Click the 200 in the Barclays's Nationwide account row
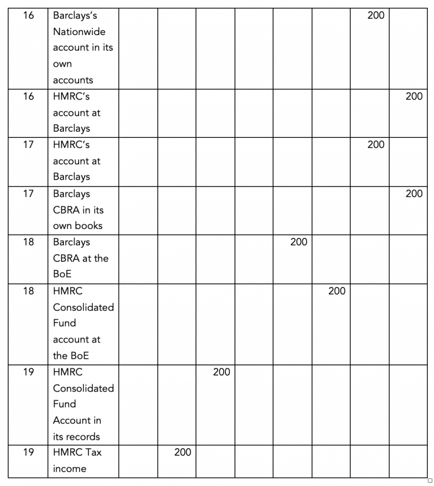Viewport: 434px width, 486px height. pyautogui.click(x=376, y=15)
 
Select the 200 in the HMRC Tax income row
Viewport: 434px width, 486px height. pyautogui.click(x=183, y=452)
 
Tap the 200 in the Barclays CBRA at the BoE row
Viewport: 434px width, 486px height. pyautogui.click(x=298, y=242)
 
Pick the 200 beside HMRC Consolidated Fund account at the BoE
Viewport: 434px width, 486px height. pyautogui.click(x=337, y=291)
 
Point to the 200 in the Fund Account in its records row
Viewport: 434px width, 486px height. pyautogui.click(x=222, y=372)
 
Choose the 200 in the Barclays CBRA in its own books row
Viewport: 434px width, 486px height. pyautogui.click(x=414, y=194)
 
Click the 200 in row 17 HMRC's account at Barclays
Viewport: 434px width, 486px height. pyautogui.click(x=376, y=145)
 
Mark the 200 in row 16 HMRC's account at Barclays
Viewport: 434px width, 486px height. pyautogui.click(x=414, y=96)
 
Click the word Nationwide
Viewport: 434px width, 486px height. pyautogui.click(x=79, y=32)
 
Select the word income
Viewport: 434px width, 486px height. pyautogui.click(x=70, y=468)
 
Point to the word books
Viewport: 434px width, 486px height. pyautogui.click(x=89, y=225)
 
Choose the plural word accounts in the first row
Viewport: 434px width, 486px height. pyautogui.click(x=73, y=80)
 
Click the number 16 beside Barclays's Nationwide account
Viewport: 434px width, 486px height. pyautogui.click(x=28, y=15)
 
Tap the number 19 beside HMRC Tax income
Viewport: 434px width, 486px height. pyautogui.click(x=28, y=452)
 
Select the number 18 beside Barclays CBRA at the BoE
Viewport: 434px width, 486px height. pyautogui.click(x=28, y=242)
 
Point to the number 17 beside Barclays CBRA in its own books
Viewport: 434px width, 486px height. pyautogui.click(x=28, y=194)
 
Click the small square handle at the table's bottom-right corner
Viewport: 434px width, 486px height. pyautogui.click(x=430, y=480)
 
